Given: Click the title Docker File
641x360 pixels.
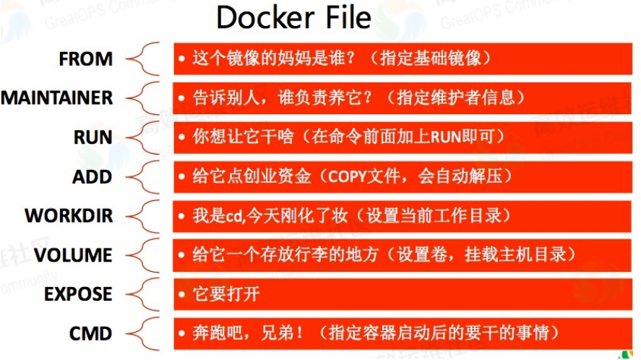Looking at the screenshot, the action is click(293, 18).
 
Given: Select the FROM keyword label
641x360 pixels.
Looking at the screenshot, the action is click(85, 59).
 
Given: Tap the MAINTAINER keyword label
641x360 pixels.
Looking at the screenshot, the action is click(56, 98).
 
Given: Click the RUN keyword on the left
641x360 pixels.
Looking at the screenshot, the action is click(93, 137).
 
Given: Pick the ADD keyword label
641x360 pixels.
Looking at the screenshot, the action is click(92, 176).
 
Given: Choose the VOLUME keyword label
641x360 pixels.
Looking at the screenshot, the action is click(73, 254).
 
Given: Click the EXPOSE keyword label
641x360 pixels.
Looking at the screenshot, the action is click(78, 294).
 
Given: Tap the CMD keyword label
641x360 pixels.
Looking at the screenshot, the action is click(90, 333).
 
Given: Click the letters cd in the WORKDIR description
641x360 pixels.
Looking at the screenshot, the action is click(232, 215).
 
